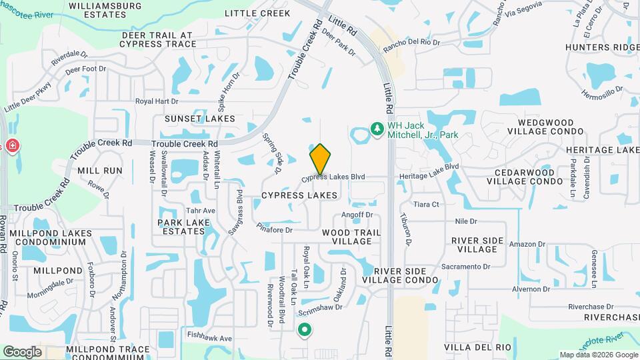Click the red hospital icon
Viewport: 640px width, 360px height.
[x=11, y=146]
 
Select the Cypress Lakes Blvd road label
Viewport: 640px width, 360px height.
[x=333, y=177]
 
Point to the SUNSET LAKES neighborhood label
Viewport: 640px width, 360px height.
[x=200, y=119]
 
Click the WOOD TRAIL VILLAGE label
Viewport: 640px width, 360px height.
[x=351, y=237]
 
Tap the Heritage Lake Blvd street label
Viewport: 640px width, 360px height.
[x=429, y=167]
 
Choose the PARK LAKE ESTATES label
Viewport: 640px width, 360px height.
[x=181, y=227]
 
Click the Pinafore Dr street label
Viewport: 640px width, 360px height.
[x=275, y=229]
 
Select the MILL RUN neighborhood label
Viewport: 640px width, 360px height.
[x=100, y=171]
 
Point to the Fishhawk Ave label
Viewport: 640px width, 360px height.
[x=210, y=339]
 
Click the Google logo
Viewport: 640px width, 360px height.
[x=22, y=351]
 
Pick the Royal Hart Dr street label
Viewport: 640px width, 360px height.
[x=157, y=102]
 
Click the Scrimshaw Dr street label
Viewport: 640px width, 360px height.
[x=321, y=307]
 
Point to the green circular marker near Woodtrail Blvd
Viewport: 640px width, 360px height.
[x=305, y=329]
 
